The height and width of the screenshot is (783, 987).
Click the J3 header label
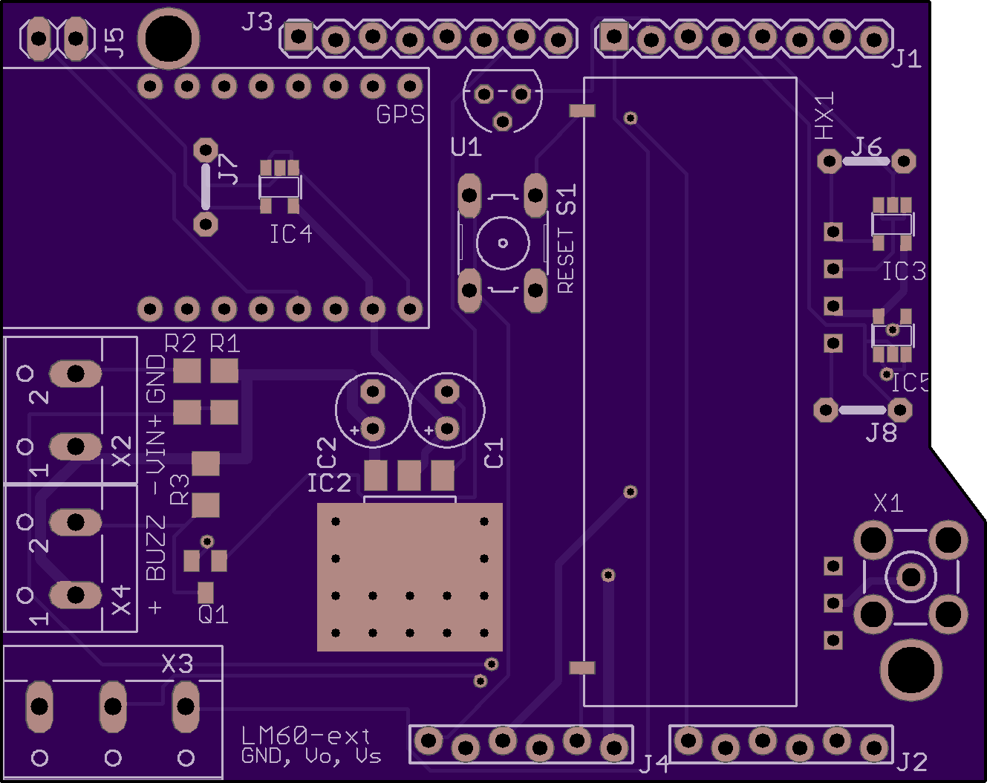[257, 22]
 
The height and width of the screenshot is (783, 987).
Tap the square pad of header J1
[613, 36]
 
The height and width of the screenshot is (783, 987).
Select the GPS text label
[400, 114]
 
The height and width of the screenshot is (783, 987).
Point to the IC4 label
[291, 234]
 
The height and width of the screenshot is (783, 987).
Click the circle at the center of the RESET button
[503, 243]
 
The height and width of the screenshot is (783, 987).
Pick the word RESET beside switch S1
[565, 261]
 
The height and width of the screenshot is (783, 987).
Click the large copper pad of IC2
[409, 577]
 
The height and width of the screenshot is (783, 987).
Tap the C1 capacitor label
[494, 453]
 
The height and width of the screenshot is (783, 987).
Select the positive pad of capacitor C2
[372, 429]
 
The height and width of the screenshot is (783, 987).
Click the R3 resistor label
[179, 490]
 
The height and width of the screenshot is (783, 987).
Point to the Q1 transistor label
[213, 614]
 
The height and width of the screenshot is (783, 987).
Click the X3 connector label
[177, 663]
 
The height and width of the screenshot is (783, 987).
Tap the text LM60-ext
[305, 736]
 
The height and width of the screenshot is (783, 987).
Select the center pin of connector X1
[911, 577]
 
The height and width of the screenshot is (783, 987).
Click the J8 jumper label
[881, 432]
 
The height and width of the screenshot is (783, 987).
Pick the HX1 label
[824, 116]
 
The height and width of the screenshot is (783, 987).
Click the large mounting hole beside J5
[169, 39]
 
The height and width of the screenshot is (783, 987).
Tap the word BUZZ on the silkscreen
[155, 548]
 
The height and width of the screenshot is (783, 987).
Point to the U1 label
[466, 147]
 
